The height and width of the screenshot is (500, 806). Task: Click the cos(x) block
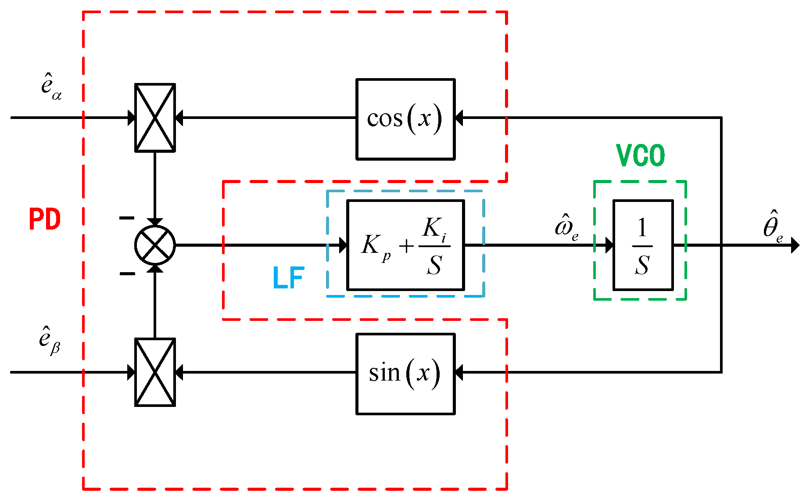405,119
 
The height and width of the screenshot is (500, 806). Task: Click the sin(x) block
405,374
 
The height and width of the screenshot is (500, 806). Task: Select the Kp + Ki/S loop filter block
405,245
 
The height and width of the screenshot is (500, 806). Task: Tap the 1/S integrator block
642,245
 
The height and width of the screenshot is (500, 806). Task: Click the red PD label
44,219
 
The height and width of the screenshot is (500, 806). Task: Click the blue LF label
288,278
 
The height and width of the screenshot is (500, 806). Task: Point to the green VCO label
640,155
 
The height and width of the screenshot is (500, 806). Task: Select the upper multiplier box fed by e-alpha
155,118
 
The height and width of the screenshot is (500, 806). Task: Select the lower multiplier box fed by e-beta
155,372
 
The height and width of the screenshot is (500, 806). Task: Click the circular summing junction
155,245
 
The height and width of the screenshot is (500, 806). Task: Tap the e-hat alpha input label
51,85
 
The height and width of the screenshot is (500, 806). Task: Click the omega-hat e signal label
566,227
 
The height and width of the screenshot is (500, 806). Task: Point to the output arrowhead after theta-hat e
795,245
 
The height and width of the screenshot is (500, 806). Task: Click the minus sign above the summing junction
127,218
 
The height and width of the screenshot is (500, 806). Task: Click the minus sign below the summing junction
127,274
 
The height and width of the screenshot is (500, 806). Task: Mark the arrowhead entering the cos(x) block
459,118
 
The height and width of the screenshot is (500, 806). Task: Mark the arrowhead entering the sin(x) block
459,372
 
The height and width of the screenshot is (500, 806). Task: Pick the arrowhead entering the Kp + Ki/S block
343,245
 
